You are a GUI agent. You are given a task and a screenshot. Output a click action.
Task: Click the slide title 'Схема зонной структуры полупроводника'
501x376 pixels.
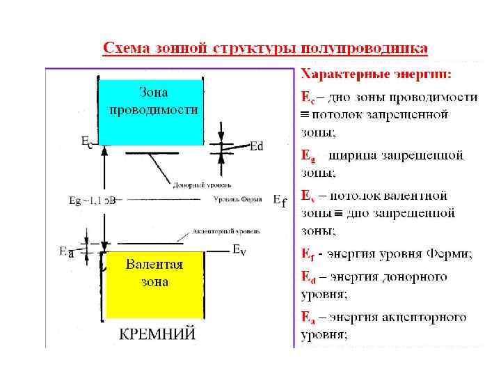(x=266, y=49)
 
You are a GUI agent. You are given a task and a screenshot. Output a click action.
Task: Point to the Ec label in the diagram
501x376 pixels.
(x=86, y=141)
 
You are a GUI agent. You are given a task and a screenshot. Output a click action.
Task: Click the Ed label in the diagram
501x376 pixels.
(x=256, y=146)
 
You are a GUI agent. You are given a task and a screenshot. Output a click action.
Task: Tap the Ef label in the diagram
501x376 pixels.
(x=279, y=201)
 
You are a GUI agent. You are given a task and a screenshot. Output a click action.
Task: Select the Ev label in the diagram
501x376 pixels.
(x=238, y=249)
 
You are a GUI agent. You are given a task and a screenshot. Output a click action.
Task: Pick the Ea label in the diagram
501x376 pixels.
(x=67, y=252)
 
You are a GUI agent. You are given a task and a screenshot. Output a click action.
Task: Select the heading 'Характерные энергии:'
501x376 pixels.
(x=375, y=73)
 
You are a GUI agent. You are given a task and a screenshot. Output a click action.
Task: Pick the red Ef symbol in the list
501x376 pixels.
(x=308, y=256)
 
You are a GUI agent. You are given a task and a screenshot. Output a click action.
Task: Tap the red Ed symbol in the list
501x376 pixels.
(x=308, y=277)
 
